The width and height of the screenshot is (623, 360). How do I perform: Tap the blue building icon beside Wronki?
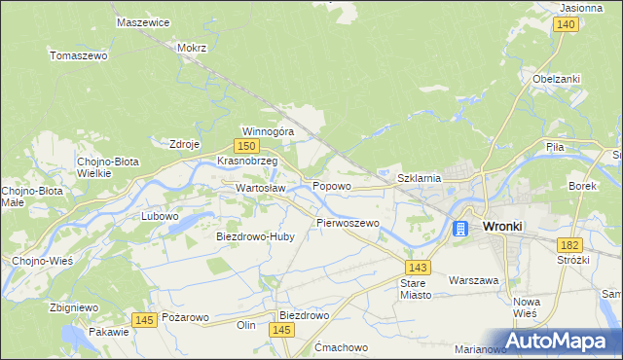(460, 228)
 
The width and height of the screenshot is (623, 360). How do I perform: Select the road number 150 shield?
(250, 145)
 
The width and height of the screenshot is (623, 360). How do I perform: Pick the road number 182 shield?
(570, 246)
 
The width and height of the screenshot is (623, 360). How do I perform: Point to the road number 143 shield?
(419, 267)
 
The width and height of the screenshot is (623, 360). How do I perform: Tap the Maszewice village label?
(142, 21)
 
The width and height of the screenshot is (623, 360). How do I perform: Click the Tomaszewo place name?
(78, 55)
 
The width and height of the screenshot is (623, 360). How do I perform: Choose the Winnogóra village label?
(268, 130)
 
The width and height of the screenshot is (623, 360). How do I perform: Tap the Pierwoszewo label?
(347, 223)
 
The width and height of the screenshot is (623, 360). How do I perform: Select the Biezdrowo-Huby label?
(254, 235)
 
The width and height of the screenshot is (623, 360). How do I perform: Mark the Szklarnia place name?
(421, 178)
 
